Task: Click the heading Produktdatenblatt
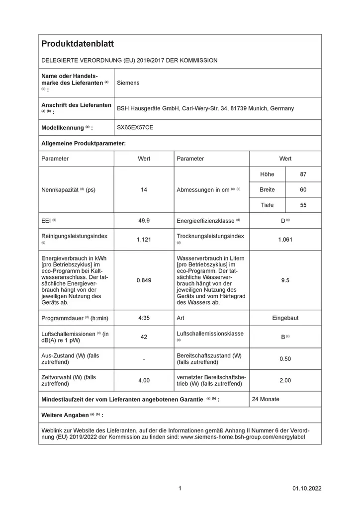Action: click(x=78, y=44)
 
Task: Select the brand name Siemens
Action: click(x=128, y=83)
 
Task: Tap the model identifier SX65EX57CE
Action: click(x=135, y=128)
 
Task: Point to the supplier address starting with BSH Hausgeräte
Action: click(x=205, y=108)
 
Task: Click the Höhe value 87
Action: click(x=303, y=174)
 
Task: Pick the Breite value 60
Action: click(x=303, y=190)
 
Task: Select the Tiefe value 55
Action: click(x=303, y=205)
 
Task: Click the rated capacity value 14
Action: click(x=144, y=190)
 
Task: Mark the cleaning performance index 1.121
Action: click(x=144, y=240)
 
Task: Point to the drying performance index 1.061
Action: click(x=285, y=240)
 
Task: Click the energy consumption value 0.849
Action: click(x=144, y=280)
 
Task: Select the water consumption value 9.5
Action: click(x=285, y=280)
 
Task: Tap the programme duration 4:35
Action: click(x=144, y=318)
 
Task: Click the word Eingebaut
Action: click(x=285, y=318)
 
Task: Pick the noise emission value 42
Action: click(x=144, y=337)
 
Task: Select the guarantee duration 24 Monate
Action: click(x=266, y=399)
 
